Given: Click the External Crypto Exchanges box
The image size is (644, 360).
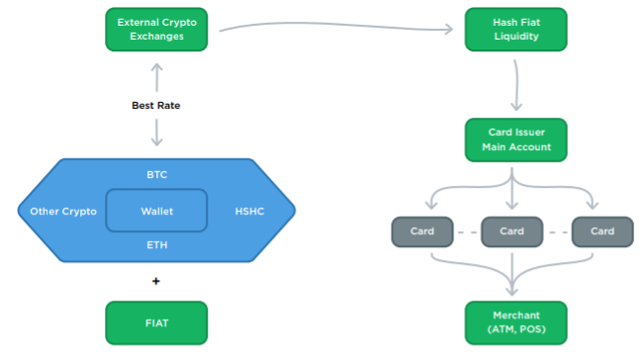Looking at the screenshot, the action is click(x=156, y=30).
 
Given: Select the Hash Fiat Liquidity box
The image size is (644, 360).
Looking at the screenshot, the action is click(x=515, y=30).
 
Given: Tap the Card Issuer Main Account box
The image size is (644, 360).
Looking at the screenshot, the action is click(x=515, y=140).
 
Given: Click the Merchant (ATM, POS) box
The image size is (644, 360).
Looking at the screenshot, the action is click(x=515, y=322).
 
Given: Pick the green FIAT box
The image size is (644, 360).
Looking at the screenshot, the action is click(x=156, y=322).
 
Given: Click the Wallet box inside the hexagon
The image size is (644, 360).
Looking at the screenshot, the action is click(x=156, y=211).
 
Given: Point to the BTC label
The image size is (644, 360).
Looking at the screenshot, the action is click(x=157, y=174).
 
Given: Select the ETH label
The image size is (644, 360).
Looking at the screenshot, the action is click(x=157, y=245).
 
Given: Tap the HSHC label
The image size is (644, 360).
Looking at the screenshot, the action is click(x=249, y=212).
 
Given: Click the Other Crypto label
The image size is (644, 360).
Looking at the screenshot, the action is click(x=63, y=212).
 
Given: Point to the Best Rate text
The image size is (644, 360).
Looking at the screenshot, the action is click(x=156, y=106).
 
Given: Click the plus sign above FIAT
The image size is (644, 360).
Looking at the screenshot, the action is click(x=156, y=281).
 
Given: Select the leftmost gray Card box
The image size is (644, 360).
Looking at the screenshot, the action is click(x=422, y=232).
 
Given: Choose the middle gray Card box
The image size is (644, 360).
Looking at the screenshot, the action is click(x=511, y=232).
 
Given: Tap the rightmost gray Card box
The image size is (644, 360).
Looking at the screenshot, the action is click(x=602, y=232).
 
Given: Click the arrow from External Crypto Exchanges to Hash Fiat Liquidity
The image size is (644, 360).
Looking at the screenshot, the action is click(x=336, y=25).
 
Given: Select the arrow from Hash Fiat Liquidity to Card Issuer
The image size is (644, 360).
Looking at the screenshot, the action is click(x=516, y=85).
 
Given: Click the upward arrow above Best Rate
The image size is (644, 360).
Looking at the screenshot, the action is click(x=156, y=77).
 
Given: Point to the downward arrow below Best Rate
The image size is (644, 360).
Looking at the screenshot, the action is click(x=156, y=133).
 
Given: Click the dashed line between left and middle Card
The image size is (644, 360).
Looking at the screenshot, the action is click(x=467, y=232).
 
